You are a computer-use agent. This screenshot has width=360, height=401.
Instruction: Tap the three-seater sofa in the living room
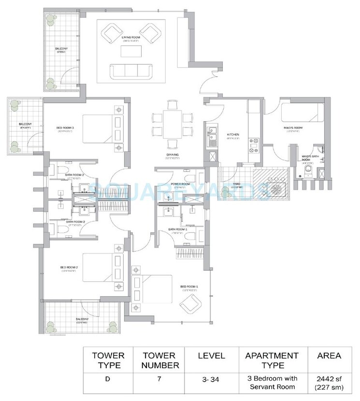coord(131,71)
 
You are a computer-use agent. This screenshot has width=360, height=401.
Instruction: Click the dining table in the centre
coord(170,124)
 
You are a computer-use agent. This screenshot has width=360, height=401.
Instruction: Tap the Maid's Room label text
coord(293,128)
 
